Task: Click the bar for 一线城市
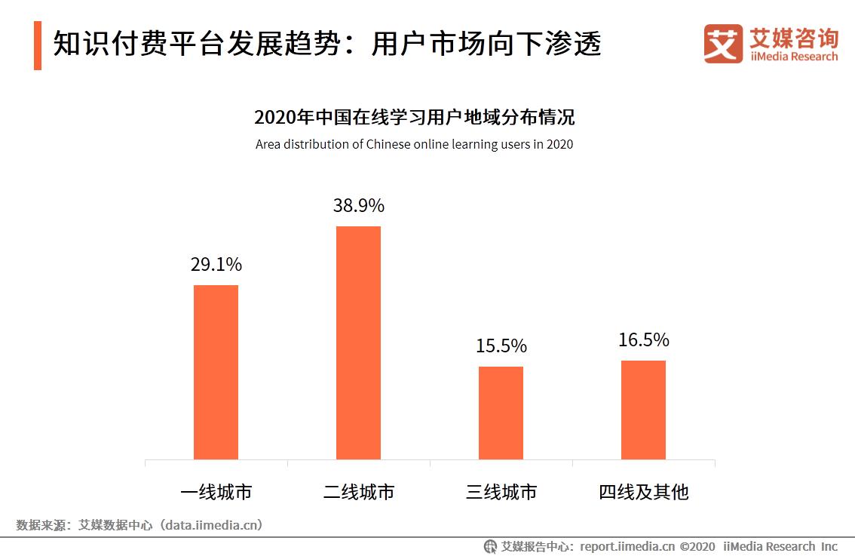pyautogui.click(x=216, y=372)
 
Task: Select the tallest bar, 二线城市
pyautogui.click(x=358, y=343)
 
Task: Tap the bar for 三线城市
pyautogui.click(x=501, y=413)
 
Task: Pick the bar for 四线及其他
pyautogui.click(x=643, y=410)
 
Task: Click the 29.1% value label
pyautogui.click(x=216, y=265)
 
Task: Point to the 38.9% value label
pyautogui.click(x=359, y=206)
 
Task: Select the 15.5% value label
pyautogui.click(x=501, y=346)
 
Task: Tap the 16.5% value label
pyautogui.click(x=643, y=340)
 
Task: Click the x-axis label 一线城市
pyautogui.click(x=216, y=493)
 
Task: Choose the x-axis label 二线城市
pyautogui.click(x=358, y=493)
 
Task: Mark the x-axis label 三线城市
pyautogui.click(x=501, y=493)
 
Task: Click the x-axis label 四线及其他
pyautogui.click(x=643, y=493)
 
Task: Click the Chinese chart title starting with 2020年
pyautogui.click(x=414, y=118)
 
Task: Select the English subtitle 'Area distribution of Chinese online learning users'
pyautogui.click(x=414, y=144)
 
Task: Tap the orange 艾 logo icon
pyautogui.click(x=723, y=44)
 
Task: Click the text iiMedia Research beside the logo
pyautogui.click(x=794, y=57)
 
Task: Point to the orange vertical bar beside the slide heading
pyautogui.click(x=38, y=45)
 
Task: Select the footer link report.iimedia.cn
pyautogui.click(x=627, y=546)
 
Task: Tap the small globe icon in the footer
pyautogui.click(x=490, y=546)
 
